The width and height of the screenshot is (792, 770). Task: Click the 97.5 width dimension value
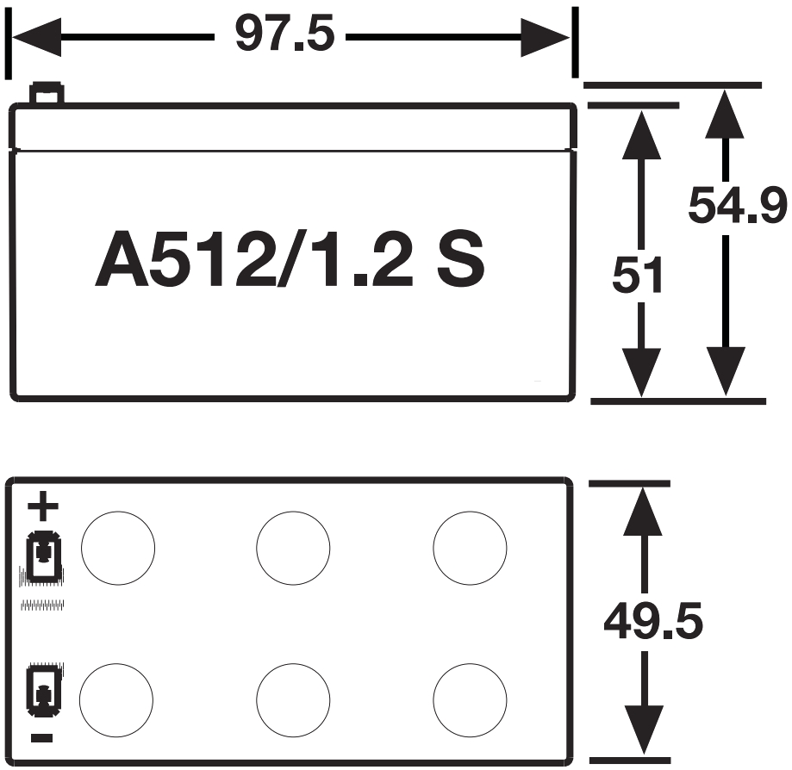coord(284,37)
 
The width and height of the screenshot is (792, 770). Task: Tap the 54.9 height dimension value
coord(738,206)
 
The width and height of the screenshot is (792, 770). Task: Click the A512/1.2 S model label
coord(290,259)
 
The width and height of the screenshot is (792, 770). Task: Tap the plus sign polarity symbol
coord(43,507)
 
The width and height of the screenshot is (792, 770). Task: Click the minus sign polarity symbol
coord(42,738)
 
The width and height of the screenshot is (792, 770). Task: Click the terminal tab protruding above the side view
coord(46,93)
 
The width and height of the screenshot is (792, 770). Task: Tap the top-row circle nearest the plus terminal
coord(118,547)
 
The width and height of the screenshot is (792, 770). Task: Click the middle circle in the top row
coord(294,547)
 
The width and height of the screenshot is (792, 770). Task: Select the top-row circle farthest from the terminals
coord(470,547)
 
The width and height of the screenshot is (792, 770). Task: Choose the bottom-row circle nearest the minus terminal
coord(116,699)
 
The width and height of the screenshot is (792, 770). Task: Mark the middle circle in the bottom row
coord(294,699)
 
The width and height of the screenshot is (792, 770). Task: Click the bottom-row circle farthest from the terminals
coord(470,699)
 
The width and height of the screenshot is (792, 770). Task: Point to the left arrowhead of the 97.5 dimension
coord(34,38)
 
